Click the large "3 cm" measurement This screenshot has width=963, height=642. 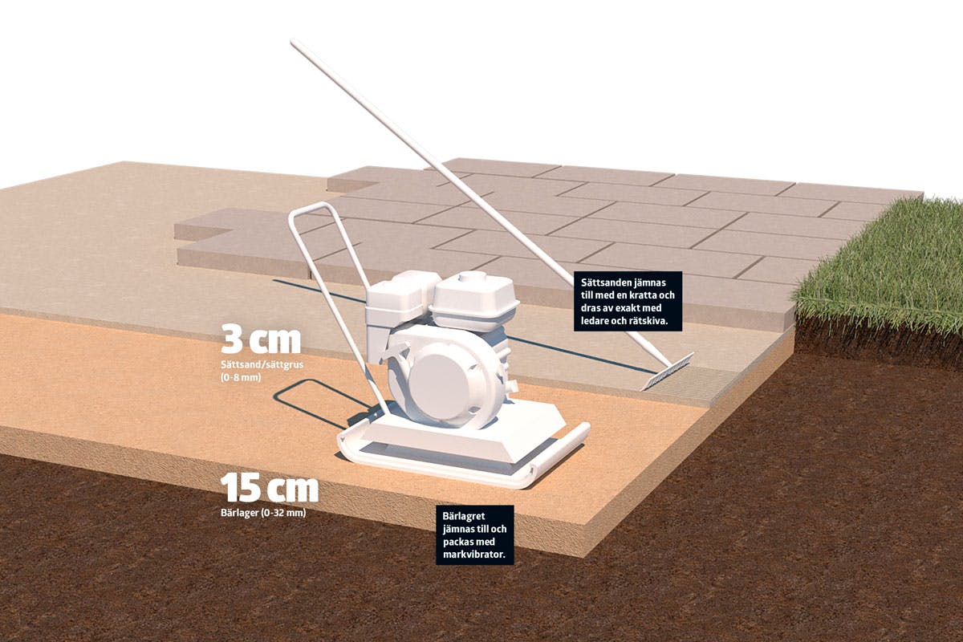tap(261, 340)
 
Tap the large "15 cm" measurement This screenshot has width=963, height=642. tap(270, 488)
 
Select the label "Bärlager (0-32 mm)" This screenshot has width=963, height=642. tap(263, 513)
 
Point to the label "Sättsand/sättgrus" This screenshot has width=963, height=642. tap(262, 364)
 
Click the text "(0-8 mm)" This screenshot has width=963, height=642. tap(241, 377)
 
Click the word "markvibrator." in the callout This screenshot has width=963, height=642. tap(473, 555)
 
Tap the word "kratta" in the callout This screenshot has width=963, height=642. tap(641, 295)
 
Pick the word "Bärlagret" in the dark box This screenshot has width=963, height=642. tap(464, 516)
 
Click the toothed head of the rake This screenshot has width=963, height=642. tap(667, 371)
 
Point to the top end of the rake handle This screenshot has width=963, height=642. tap(294, 43)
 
